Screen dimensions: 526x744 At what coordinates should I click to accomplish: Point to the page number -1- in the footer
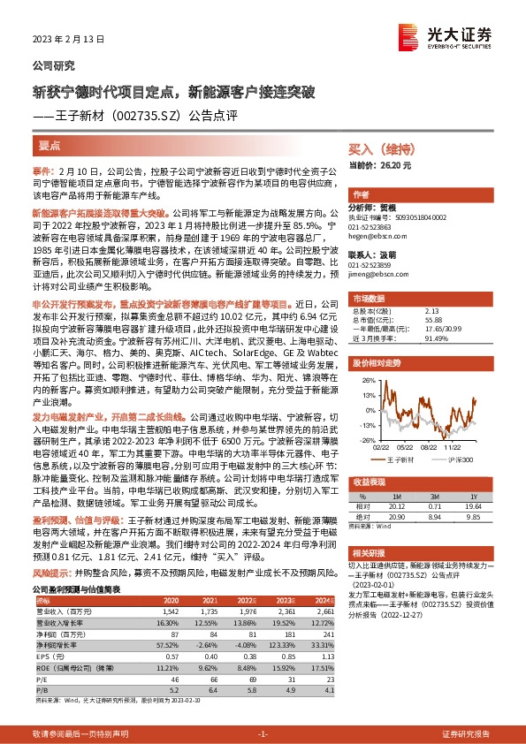pyautogui.click(x=262, y=734)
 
